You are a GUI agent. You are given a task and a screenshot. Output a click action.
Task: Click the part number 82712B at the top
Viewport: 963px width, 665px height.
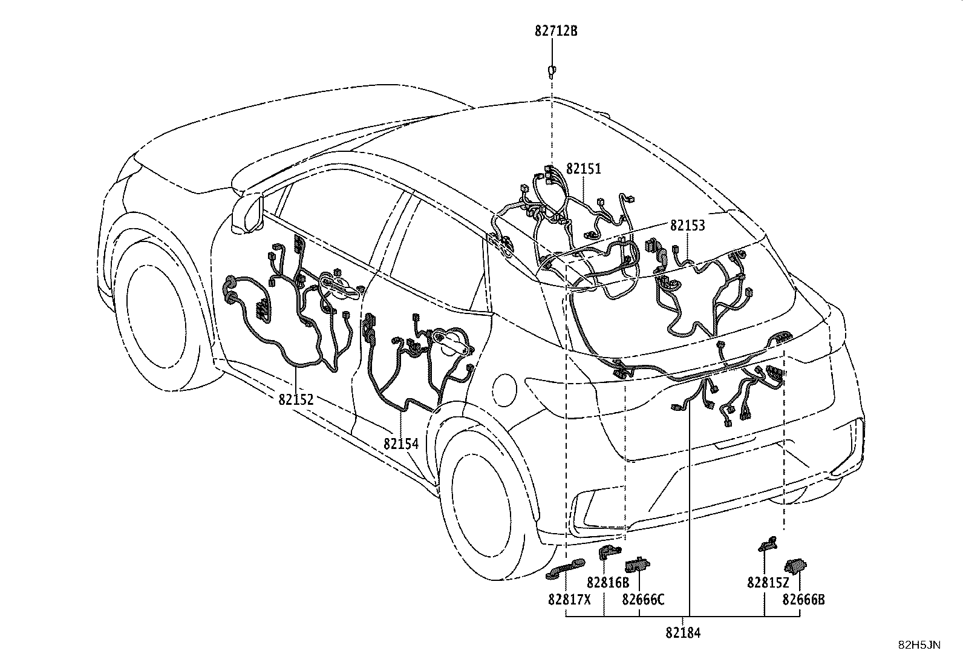coord(556,31)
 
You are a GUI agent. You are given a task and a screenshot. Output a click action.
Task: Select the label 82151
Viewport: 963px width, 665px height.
coord(583,169)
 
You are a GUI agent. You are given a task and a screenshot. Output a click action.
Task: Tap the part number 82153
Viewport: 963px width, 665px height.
coord(688,225)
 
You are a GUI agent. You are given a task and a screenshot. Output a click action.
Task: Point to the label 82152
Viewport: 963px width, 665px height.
coord(296,399)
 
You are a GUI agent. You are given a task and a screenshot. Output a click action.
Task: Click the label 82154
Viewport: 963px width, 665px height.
coord(400,444)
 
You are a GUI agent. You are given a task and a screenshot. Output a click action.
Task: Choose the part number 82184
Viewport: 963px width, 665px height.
coord(683,633)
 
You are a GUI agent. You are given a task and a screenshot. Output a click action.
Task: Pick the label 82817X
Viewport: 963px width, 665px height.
coord(569,599)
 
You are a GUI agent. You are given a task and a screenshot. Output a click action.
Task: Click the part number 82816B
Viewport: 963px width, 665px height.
coord(608,583)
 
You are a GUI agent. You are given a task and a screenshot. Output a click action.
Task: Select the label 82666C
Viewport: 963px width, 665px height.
coord(643,599)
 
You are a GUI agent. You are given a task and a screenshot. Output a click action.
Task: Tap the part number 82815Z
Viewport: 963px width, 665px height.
coord(768,583)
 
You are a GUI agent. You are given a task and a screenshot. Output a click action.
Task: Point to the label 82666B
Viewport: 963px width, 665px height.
coord(803,599)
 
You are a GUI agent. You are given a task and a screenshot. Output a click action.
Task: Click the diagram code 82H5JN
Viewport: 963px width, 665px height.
coord(919,645)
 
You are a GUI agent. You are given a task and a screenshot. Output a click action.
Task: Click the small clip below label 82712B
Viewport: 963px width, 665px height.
coord(552,71)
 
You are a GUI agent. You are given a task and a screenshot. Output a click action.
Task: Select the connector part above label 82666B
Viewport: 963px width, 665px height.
coord(796,565)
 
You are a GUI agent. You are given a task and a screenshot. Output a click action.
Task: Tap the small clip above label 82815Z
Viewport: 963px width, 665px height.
coord(768,544)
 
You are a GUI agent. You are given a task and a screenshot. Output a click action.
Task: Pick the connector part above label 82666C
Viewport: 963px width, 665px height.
coord(637,564)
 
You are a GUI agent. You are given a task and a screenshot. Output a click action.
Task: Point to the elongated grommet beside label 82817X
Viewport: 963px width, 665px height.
coord(565,569)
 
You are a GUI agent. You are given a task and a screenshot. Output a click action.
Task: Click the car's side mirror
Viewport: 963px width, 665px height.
coord(247,214)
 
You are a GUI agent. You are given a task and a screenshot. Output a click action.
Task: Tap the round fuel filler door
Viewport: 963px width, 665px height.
coord(504,389)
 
